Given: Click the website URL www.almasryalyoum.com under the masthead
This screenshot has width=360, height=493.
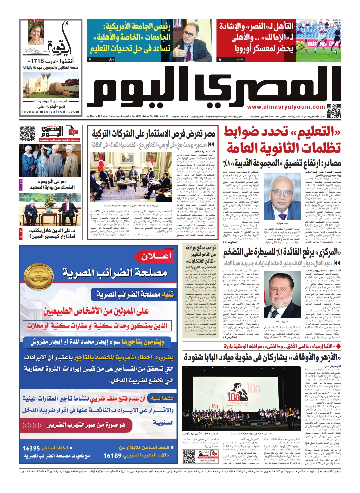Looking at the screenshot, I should [286, 107].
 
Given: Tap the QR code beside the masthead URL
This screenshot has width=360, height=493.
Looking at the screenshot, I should [334, 111].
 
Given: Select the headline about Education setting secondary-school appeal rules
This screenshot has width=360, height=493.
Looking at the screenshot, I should [282, 140].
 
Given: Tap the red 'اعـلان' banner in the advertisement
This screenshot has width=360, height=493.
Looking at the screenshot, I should [156, 257].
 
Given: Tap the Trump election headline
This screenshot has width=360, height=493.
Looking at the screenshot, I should [201, 254].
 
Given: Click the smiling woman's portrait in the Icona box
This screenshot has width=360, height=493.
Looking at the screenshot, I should [36, 32].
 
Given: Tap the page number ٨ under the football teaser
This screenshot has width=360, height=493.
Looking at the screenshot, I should [220, 59].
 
